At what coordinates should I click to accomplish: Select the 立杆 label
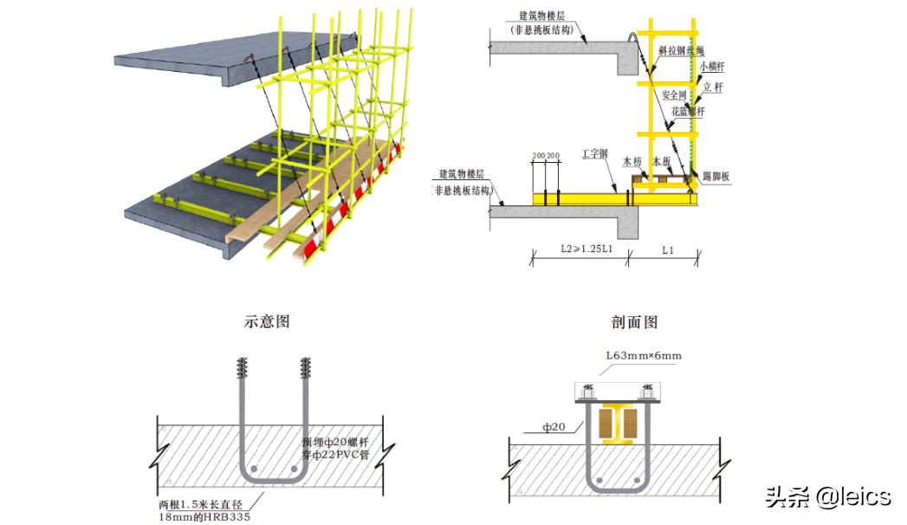point(712,87)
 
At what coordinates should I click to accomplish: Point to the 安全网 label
point(675,94)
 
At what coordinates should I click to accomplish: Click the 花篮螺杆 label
point(689,112)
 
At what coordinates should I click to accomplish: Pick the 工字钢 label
point(595,153)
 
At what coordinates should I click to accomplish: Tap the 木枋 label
point(632,162)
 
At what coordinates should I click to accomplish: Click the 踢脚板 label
point(716,177)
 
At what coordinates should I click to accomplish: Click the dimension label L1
point(668,250)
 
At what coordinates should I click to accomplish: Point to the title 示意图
point(267,321)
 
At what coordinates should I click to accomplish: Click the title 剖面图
point(635,321)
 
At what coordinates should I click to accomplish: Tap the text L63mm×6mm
point(644,356)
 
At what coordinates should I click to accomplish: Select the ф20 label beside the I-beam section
point(554,425)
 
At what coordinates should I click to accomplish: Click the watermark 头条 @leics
point(826,496)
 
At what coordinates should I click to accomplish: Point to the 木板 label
point(663,162)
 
